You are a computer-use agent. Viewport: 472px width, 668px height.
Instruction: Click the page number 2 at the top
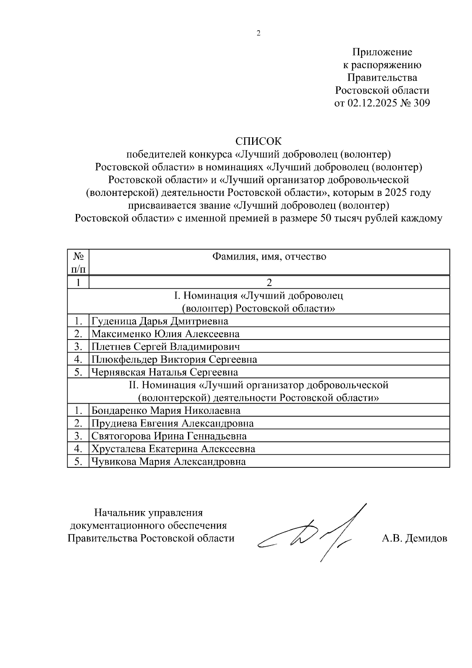(258, 33)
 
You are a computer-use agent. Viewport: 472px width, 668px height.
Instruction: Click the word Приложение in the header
(382, 52)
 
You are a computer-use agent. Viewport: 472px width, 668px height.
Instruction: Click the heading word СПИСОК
(258, 141)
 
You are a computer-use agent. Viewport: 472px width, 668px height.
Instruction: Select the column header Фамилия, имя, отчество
(269, 257)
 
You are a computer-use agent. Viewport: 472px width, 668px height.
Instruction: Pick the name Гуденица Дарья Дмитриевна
(160, 321)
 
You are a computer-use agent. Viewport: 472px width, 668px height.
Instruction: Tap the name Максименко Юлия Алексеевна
(165, 334)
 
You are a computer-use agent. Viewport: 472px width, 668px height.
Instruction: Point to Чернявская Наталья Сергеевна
(164, 372)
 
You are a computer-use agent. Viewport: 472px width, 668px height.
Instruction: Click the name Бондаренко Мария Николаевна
(166, 411)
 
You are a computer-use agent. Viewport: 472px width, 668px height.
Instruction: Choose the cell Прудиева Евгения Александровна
(172, 423)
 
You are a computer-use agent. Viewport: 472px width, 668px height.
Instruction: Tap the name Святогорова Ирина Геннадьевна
(169, 436)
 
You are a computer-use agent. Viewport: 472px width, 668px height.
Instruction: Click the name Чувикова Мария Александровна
(168, 461)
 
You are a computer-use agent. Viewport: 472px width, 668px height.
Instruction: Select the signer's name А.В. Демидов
(414, 538)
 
